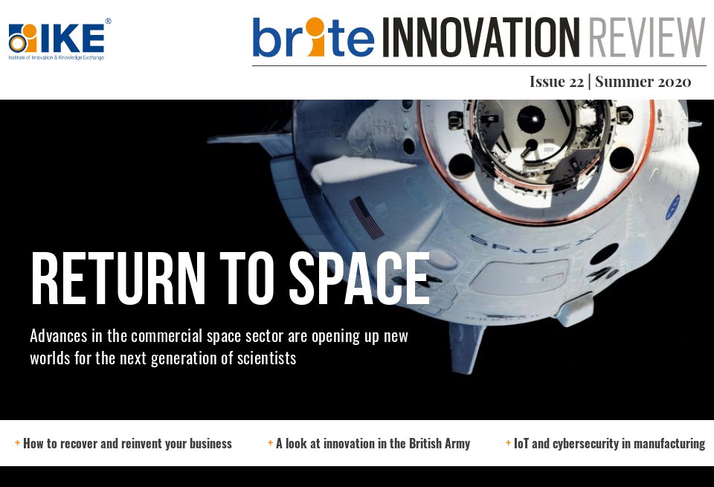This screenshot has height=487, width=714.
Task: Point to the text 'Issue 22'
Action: [x=556, y=82]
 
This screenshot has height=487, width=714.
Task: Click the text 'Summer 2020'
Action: [x=643, y=82]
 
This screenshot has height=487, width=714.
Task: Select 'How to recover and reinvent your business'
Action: [x=127, y=444]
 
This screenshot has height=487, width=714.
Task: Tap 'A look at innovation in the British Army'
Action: [x=373, y=444]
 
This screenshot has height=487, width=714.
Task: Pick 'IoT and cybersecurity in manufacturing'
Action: [x=609, y=444]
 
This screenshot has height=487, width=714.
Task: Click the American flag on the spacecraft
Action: [x=366, y=216]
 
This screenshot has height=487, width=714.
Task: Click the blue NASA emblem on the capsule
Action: [x=672, y=204]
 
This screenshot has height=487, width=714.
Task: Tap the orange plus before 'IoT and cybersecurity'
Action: [x=508, y=443]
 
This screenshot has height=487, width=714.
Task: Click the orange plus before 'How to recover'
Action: [x=17, y=443]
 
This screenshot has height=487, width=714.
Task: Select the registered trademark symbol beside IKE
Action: [x=108, y=22]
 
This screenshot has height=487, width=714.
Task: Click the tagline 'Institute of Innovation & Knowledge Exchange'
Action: [x=57, y=57]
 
